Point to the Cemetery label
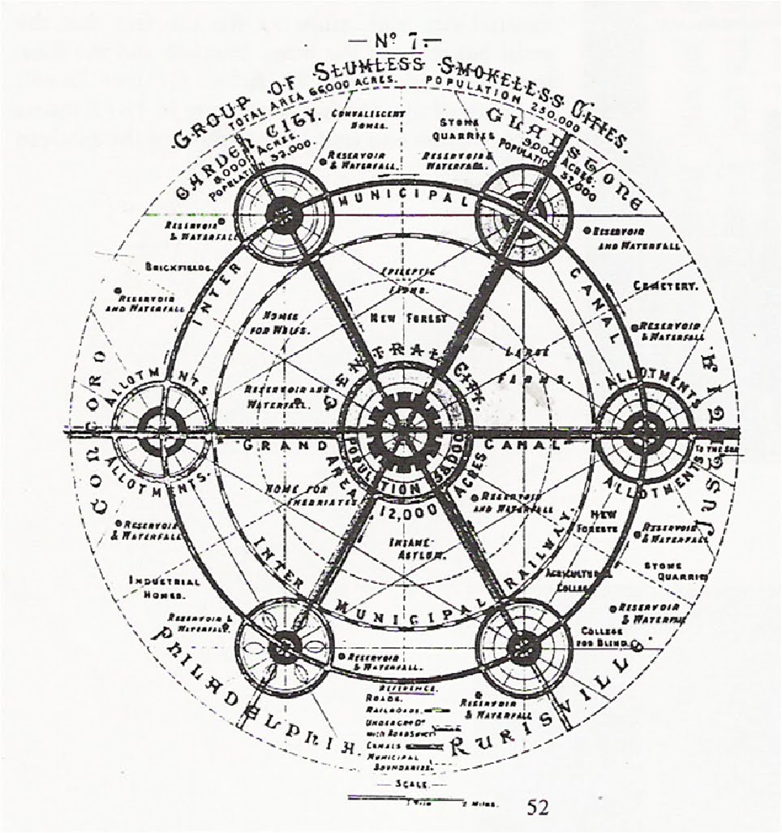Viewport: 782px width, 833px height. coord(666,286)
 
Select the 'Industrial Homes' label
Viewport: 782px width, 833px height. coord(164,587)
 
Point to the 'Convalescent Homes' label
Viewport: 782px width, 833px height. coord(358,120)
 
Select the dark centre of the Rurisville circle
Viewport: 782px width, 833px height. coord(523,647)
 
